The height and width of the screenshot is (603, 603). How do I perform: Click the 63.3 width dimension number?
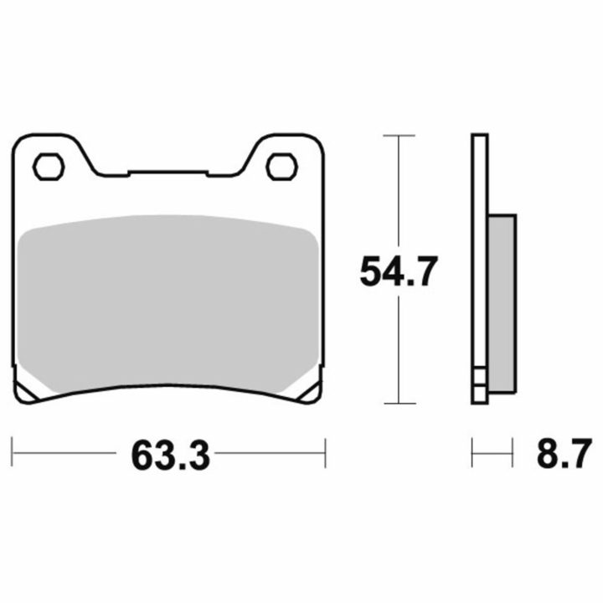pos(170,456)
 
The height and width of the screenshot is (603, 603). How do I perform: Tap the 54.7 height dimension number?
pos(399,271)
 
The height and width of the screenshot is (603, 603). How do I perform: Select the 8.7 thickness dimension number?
pos(564,453)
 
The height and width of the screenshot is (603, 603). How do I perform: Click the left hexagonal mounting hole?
pos(49,167)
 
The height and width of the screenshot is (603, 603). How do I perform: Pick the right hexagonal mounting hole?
pos(282,167)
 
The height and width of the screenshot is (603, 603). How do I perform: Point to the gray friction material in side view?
pos(502,304)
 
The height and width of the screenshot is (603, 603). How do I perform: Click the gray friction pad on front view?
pos(168,304)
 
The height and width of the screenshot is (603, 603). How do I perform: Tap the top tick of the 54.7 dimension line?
pos(399,136)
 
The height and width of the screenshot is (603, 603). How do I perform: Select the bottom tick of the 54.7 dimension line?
pos(400,404)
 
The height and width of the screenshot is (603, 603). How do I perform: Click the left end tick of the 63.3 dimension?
pos(12,451)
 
